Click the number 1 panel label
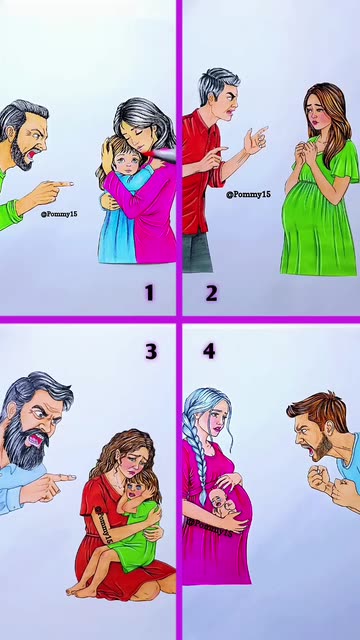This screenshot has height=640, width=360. [x=149, y=293]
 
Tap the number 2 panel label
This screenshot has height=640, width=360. [x=211, y=293]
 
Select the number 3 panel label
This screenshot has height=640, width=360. [x=151, y=351]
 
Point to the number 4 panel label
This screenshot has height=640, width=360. [x=209, y=351]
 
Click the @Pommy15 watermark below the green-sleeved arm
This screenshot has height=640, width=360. [x=59, y=213]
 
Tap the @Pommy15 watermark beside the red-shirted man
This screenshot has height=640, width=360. [x=249, y=194]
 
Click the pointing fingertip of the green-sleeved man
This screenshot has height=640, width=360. [x=71, y=184]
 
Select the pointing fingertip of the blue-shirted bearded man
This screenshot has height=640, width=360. [x=73, y=477]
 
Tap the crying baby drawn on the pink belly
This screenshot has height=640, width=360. [x=222, y=503]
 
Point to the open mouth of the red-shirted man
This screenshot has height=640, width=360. [x=232, y=110]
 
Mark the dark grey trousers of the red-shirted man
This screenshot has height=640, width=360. [x=198, y=251]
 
